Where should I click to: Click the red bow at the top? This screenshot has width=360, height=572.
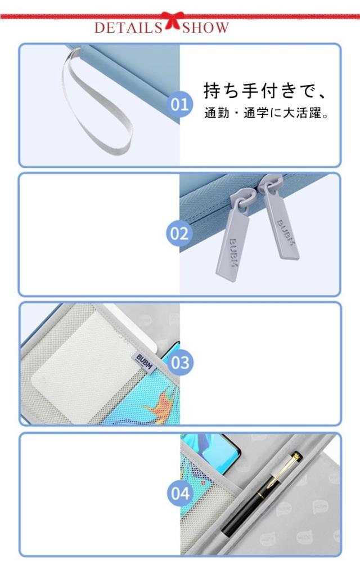pos(171,20)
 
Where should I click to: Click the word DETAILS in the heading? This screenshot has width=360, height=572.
pos(128,28)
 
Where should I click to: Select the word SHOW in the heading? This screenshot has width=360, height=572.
pos(205,28)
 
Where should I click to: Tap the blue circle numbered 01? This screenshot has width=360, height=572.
pos(180,105)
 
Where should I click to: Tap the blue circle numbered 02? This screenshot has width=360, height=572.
pos(179,234)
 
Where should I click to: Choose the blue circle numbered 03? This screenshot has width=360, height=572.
pos(180,363)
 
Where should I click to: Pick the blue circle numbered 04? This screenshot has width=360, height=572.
pos(180,493)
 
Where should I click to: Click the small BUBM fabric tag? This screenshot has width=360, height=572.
pos(143,361)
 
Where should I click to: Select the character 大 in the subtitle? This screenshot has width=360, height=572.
pos(289,113)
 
